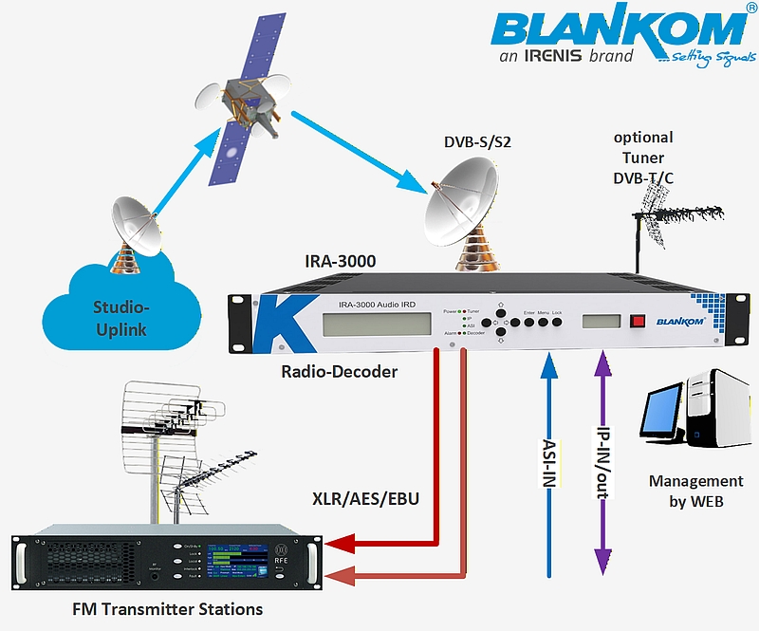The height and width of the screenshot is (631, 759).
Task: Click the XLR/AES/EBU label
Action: pyautogui.click(x=365, y=497)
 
